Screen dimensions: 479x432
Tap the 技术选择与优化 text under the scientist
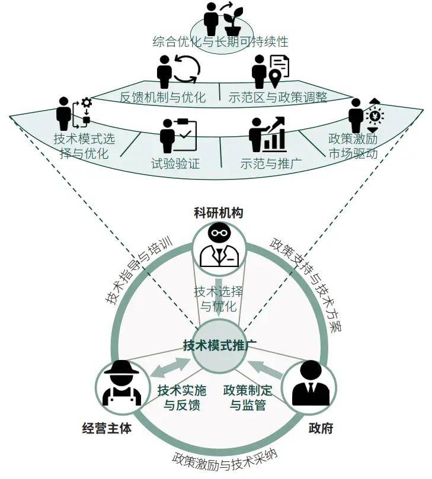click(218, 299)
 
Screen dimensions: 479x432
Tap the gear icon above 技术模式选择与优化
click(87, 103)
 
